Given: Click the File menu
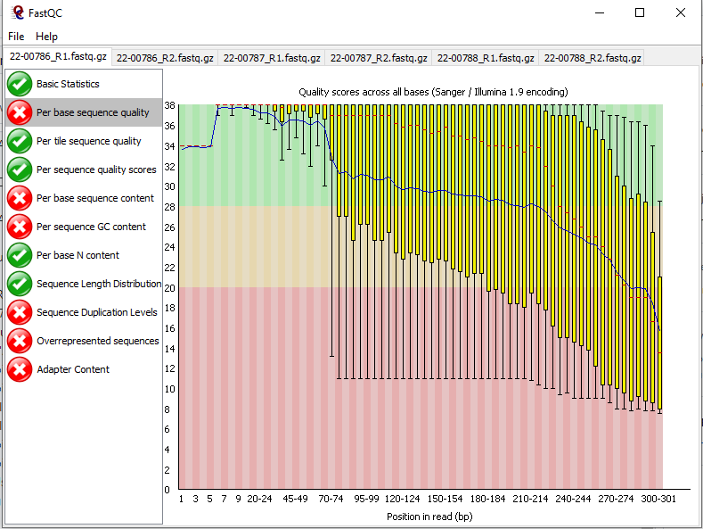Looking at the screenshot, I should (16, 37).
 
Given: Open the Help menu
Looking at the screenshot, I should (46, 37).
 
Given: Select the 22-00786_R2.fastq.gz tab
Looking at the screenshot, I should (166, 58).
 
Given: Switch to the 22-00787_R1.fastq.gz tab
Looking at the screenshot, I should (272, 58).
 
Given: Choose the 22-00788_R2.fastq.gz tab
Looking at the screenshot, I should (593, 58).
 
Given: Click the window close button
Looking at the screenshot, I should (680, 12).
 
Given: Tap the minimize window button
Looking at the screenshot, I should (599, 12).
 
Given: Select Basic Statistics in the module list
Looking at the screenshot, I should (68, 84).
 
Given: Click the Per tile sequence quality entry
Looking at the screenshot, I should (88, 141).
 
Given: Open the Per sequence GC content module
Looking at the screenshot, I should (91, 227).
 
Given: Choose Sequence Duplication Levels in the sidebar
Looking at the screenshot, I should (96, 312).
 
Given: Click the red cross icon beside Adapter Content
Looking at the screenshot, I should (20, 369).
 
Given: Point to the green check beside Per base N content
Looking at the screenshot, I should (20, 255).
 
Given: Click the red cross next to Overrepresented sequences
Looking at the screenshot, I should (20, 341).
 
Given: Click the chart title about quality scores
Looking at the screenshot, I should (433, 92).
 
